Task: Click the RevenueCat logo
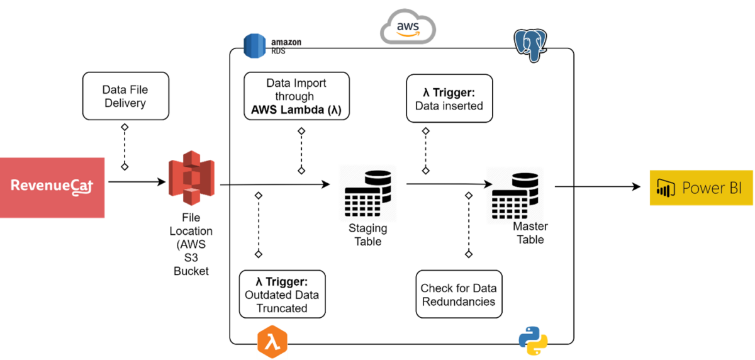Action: coord(52,188)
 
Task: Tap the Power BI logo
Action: coord(701,188)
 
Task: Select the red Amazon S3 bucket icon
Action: coord(191,177)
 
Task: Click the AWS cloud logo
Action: coord(408,28)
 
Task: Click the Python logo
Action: coord(533,340)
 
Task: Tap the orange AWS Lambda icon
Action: coord(272,343)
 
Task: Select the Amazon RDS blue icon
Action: coord(255,45)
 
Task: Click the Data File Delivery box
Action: coord(125,96)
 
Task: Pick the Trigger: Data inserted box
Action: coord(449,99)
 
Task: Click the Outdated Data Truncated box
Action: coord(282,294)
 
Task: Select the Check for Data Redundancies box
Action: coord(459,295)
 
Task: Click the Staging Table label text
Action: coord(368,235)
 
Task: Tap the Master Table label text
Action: coord(530,233)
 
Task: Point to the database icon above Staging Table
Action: coord(367,193)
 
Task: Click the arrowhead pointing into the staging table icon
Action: coord(325,184)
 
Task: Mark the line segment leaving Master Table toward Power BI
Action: coord(564,186)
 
